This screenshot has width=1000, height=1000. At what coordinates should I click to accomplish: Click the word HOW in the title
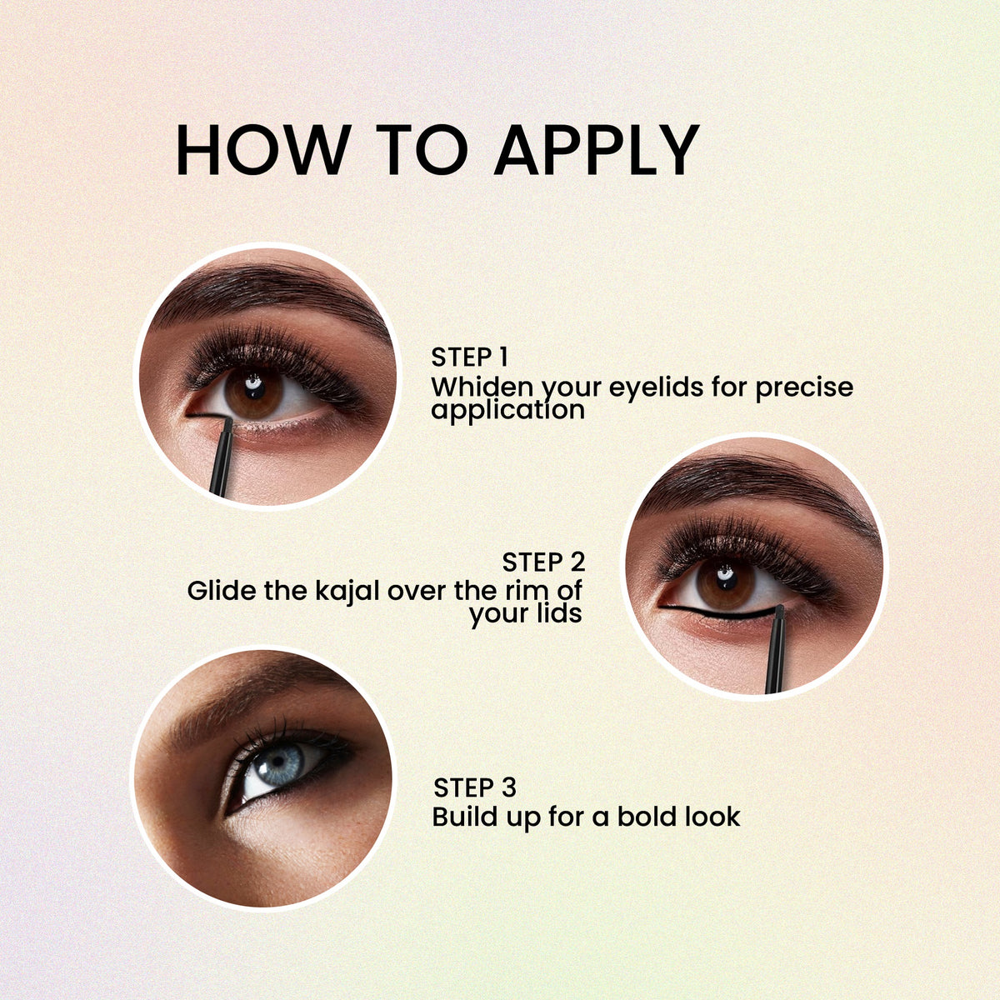263,149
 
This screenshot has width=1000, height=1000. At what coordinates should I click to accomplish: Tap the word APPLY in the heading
597,149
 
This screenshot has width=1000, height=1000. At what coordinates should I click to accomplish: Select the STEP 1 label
469,357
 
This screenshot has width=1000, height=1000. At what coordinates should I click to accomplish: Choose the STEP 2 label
542,562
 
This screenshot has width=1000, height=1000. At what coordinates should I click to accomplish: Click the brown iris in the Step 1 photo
254,392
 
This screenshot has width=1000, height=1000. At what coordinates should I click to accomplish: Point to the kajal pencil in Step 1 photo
222,457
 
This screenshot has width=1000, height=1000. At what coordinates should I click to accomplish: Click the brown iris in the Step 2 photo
726,584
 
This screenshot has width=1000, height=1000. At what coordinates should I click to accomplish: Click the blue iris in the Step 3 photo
278,765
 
